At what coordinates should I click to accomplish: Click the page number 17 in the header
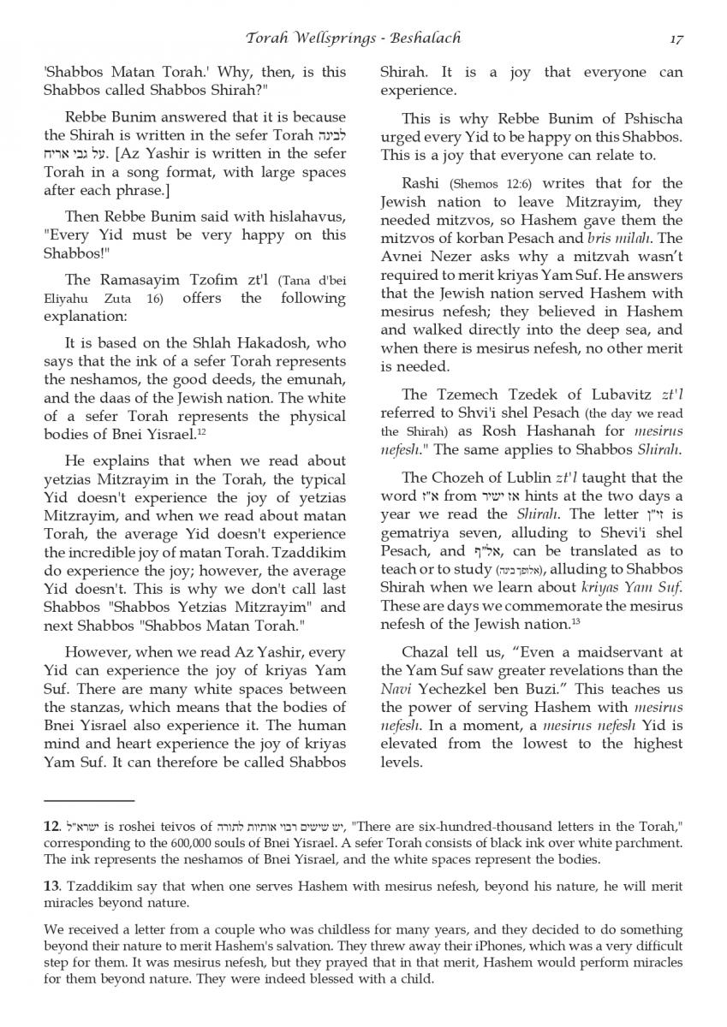(x=676, y=38)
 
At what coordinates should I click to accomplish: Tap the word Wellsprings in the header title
(x=327, y=38)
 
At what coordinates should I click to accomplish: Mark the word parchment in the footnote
(x=648, y=843)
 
